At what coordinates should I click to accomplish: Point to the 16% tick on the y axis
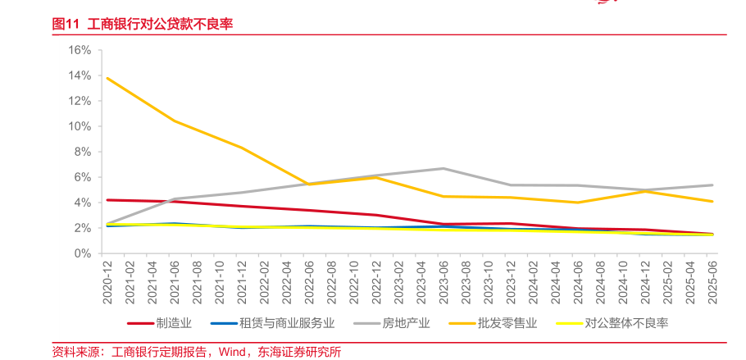coord(80,50)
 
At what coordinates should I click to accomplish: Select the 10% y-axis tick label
coord(80,126)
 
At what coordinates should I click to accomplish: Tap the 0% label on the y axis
coord(83,253)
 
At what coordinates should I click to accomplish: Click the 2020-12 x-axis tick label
coord(107,283)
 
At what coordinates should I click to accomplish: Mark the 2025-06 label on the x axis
coord(712,283)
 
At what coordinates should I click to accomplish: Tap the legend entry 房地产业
coord(406,323)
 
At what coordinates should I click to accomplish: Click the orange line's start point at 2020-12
coord(107,78)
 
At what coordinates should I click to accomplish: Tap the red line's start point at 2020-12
coord(107,200)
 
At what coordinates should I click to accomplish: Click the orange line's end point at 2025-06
coord(712,202)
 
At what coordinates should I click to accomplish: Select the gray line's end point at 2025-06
coord(712,185)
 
